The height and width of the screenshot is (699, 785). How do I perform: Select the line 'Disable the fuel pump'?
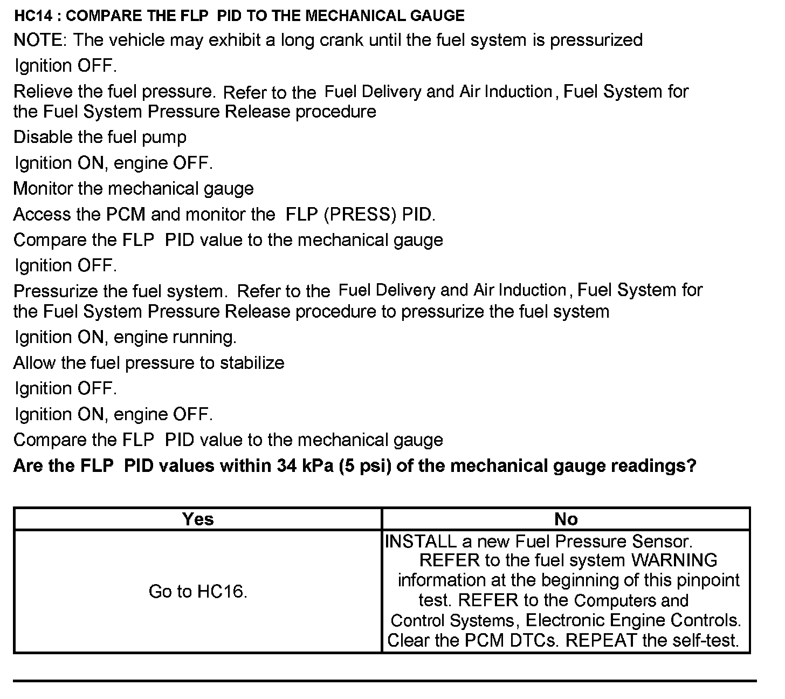(100, 137)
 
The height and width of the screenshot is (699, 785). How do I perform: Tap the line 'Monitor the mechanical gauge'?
(133, 188)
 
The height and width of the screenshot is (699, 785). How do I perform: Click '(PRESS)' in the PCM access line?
(361, 214)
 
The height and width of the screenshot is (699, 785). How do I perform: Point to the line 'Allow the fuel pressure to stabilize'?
(149, 362)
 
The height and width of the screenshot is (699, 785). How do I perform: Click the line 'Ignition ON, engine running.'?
(125, 337)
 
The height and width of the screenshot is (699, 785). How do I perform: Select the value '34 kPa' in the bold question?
(306, 465)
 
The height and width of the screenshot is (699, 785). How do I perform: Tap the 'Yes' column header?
(198, 519)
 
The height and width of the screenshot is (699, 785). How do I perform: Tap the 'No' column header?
(566, 519)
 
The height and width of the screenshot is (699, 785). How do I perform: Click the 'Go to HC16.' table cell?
(198, 591)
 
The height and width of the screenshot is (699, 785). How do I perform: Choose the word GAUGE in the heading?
(437, 15)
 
